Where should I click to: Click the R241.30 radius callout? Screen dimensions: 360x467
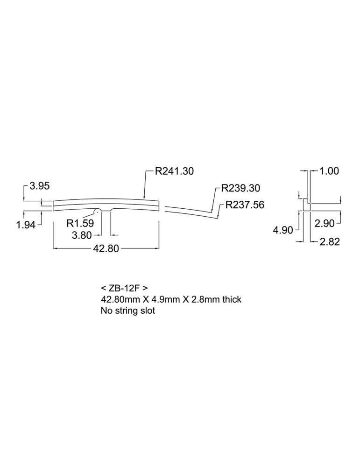(x=175, y=171)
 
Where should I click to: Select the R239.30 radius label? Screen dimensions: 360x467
(x=240, y=188)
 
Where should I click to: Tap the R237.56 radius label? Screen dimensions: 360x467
(x=245, y=205)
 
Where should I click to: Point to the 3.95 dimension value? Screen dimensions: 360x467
(x=40, y=186)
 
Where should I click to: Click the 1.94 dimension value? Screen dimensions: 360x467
(x=26, y=225)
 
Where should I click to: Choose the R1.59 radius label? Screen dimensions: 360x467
(x=80, y=223)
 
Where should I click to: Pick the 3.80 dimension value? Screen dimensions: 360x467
(x=82, y=235)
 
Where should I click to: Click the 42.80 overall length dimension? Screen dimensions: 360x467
(x=106, y=248)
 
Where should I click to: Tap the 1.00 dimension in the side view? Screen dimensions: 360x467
(x=329, y=171)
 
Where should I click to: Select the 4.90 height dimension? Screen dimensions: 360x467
(x=283, y=230)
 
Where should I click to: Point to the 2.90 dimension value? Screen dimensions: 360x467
(x=325, y=223)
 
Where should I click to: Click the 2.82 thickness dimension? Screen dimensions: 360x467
(x=330, y=241)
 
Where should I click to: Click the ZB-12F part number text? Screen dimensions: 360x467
(x=124, y=288)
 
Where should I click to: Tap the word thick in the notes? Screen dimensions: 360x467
(x=232, y=299)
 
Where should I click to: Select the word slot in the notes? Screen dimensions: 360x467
(x=148, y=311)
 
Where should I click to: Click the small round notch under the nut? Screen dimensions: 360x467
(x=97, y=211)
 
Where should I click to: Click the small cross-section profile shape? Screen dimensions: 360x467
(x=307, y=205)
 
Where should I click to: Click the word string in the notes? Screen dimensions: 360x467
(x=128, y=311)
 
